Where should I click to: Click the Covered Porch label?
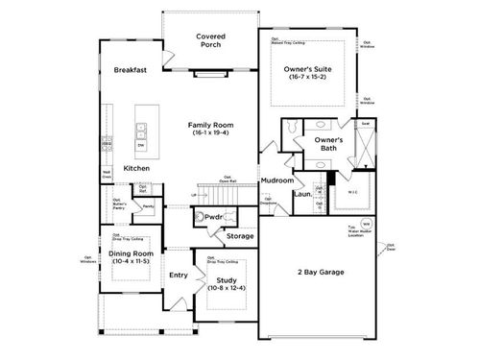point(210,41)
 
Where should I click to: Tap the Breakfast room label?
point(130,70)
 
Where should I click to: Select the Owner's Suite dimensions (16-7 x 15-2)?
point(308,77)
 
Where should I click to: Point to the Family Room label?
point(210,124)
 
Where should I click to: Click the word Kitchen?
point(136,168)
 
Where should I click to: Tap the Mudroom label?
point(277,180)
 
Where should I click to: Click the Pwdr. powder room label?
point(214,217)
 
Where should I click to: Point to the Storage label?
point(240,235)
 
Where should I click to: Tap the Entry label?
point(179,276)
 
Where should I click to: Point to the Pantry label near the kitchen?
point(149,205)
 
